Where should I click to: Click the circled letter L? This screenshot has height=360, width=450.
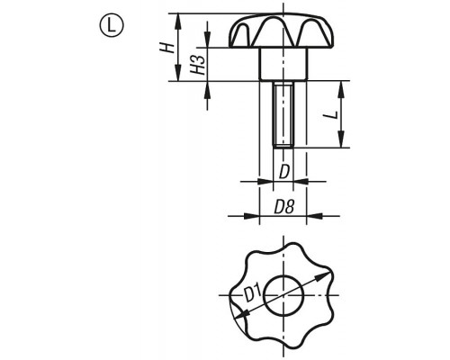111,26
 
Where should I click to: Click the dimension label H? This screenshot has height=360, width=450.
167,48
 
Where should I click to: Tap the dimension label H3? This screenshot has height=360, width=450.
198,65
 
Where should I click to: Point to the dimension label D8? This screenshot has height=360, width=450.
284,207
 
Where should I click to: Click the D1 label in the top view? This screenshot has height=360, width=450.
253,293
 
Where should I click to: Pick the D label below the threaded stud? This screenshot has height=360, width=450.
283,173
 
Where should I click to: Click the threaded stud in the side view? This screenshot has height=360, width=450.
283,115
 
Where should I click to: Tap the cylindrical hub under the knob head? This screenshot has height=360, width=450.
283,64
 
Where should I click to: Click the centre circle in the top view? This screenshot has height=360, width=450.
283,295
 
